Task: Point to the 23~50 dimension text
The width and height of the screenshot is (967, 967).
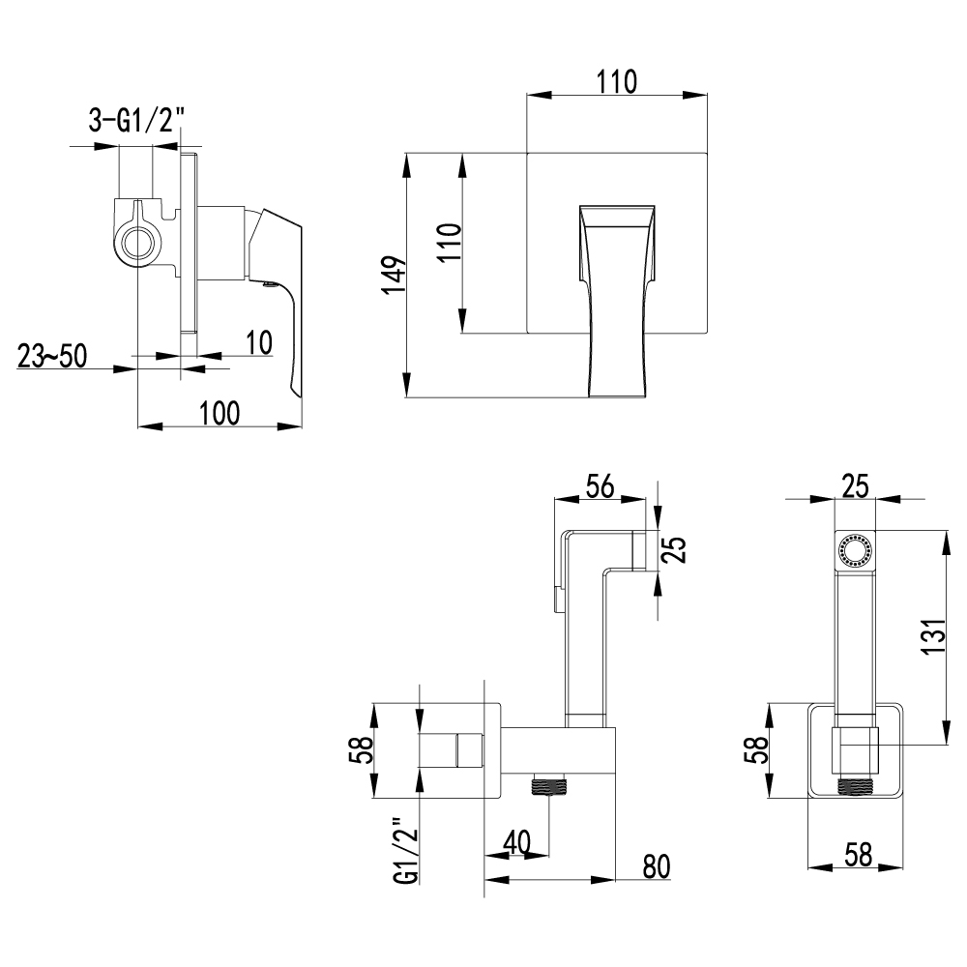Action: coord(51,356)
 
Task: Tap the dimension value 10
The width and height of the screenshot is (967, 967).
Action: coord(259,341)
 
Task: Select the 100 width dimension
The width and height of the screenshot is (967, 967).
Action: coord(219,413)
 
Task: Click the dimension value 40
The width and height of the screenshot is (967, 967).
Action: coord(516,843)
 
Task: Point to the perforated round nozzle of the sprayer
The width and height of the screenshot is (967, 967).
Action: coord(855,550)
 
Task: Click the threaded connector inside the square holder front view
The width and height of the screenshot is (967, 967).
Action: coord(855,785)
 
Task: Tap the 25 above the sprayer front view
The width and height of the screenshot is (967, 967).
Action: coord(855,486)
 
